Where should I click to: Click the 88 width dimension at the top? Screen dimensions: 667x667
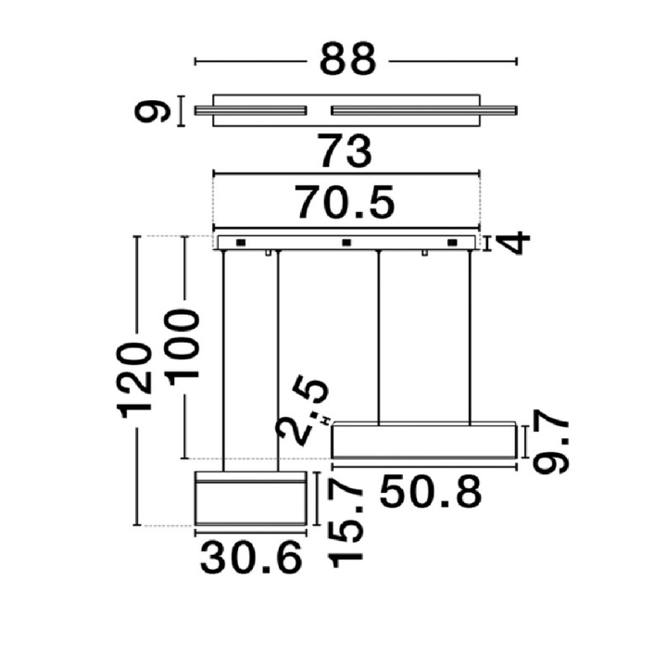tap(347, 58)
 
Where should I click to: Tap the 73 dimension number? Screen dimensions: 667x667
tap(346, 151)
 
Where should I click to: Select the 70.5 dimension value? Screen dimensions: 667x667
tap(346, 203)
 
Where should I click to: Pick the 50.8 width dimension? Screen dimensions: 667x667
tap(431, 493)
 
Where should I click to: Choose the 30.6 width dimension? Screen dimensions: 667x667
tap(251, 558)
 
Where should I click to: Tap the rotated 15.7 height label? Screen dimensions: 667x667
tap(346, 526)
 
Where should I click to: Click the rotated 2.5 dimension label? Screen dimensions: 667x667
tap(302, 409)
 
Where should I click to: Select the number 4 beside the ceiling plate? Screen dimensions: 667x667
tap(516, 244)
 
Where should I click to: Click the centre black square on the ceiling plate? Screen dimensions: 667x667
tap(346, 243)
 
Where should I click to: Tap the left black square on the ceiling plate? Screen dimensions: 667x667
tap(241, 243)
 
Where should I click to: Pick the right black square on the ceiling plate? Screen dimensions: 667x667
tap(452, 243)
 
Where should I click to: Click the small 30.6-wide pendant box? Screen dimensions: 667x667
tap(251, 498)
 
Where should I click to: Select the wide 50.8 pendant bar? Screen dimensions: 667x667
tap(424, 441)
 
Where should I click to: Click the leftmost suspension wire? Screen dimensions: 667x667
tap(224, 360)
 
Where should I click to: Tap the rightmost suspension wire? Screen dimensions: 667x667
tap(470, 337)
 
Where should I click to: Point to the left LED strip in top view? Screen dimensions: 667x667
tap(250, 110)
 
